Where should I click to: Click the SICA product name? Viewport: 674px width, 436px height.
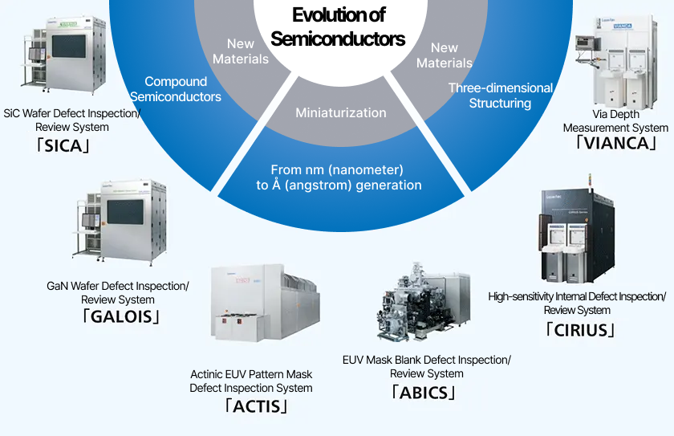[x=71, y=146]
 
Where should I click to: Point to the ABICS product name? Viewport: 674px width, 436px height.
[x=424, y=392]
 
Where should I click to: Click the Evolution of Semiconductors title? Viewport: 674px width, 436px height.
[x=338, y=26]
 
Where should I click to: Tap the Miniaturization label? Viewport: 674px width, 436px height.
[x=340, y=112]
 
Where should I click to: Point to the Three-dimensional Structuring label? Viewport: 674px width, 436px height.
[x=500, y=96]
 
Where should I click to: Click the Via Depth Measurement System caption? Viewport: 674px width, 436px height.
[x=615, y=121]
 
